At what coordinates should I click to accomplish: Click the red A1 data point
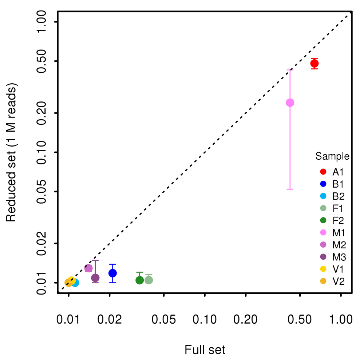pos(314,64)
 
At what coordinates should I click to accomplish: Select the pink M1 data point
pos(290,103)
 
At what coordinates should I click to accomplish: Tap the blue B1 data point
pos(113,273)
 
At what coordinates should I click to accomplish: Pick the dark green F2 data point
pos(139,280)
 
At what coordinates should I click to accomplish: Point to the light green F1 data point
pos(149,280)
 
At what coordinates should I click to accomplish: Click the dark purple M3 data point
pos(95,278)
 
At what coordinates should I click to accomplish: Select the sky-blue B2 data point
pos(75,283)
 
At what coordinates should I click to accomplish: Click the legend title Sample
pos(332,157)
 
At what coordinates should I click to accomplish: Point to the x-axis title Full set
pos(205,350)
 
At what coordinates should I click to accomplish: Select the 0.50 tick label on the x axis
pos(300,320)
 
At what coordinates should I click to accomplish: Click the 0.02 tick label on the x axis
pos(110,320)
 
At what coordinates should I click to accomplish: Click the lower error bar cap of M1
pos(290,189)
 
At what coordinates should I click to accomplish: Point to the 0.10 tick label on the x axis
pos(205,320)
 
